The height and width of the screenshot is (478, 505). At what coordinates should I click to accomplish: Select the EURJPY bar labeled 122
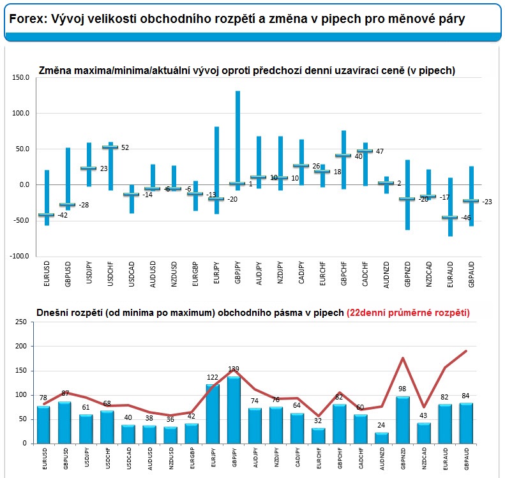[x=213, y=414]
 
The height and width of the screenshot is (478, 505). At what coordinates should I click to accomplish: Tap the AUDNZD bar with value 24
[x=382, y=438]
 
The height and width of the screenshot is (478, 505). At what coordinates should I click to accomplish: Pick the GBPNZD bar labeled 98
[x=403, y=420]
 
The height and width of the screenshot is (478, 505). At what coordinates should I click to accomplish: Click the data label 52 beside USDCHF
[x=125, y=147]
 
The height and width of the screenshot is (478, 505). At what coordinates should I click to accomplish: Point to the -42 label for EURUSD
[x=63, y=215]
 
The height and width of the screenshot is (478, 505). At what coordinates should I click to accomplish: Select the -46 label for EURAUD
[x=465, y=218]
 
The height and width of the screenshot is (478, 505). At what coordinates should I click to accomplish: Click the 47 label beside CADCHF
[x=380, y=151]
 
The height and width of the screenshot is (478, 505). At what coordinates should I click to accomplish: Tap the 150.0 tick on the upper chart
[x=20, y=77]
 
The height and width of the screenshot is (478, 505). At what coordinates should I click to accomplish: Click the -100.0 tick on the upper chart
[x=19, y=256]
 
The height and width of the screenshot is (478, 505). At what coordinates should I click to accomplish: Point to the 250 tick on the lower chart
[x=21, y=322]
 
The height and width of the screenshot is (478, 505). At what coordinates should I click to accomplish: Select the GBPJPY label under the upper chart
[x=237, y=273]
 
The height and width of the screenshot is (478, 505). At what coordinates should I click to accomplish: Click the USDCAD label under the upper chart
[x=132, y=274]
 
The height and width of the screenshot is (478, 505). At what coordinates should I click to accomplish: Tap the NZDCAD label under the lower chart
[x=424, y=458]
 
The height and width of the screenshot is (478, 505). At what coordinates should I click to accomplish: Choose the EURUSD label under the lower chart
[x=45, y=458]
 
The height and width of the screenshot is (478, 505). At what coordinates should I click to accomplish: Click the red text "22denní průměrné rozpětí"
[x=408, y=313]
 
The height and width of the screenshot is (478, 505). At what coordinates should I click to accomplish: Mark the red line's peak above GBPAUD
[x=466, y=351]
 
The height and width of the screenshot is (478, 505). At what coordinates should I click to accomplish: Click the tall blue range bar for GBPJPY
[x=237, y=140]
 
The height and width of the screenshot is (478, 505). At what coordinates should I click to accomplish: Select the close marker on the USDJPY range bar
[x=89, y=168]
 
